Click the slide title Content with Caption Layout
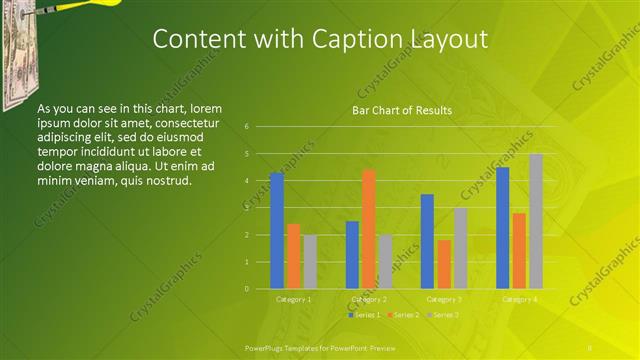(320, 39)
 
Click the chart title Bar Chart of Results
(402, 110)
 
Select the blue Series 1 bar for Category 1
(276, 231)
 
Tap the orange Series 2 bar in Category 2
(368, 229)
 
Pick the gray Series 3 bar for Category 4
(536, 221)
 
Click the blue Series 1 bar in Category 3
(427, 241)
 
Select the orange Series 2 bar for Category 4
(519, 251)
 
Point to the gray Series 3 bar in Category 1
(310, 262)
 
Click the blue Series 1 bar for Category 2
(352, 255)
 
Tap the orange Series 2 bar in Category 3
(444, 264)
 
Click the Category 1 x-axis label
(293, 299)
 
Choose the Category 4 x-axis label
(519, 299)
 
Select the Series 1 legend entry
(365, 315)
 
